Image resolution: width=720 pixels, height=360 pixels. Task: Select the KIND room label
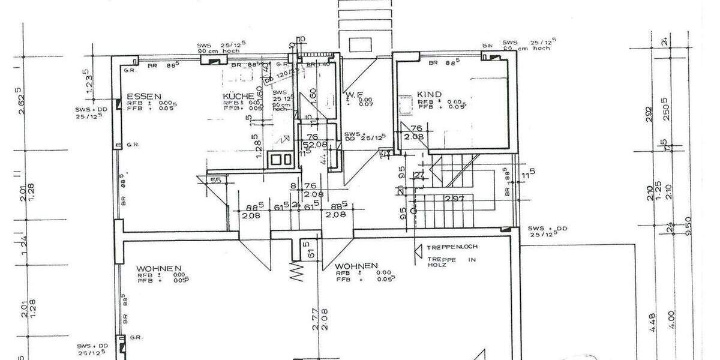[430, 94]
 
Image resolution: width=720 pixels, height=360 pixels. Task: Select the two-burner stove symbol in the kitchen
[281, 160]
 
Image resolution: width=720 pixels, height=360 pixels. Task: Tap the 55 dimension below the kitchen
[216, 179]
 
